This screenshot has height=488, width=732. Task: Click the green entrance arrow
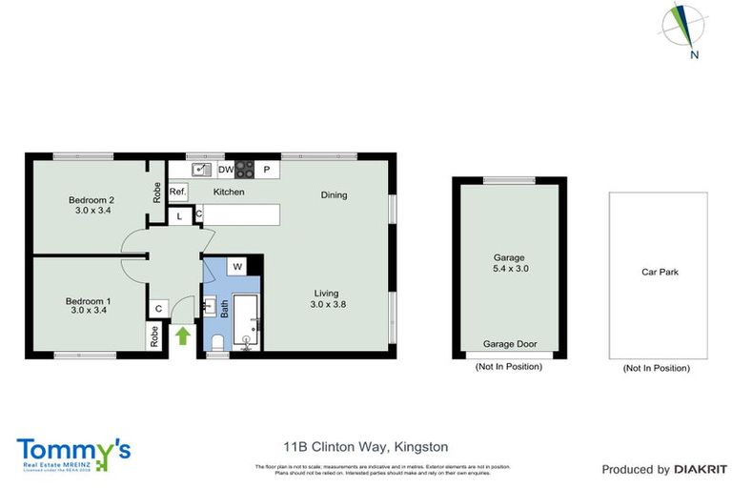(183, 335)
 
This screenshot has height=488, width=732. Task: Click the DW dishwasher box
(226, 170)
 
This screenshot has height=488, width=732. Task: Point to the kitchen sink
(200, 170)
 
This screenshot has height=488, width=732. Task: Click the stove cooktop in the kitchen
(245, 170)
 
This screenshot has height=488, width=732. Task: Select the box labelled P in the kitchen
(268, 170)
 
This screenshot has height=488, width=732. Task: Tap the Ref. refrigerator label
(177, 192)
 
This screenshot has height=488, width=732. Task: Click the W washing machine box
(237, 266)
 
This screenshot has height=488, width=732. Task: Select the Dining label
(334, 195)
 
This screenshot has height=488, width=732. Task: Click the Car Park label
(660, 272)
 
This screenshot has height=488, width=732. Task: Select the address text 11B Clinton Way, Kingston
(365, 446)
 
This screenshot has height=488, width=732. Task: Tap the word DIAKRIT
(701, 469)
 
